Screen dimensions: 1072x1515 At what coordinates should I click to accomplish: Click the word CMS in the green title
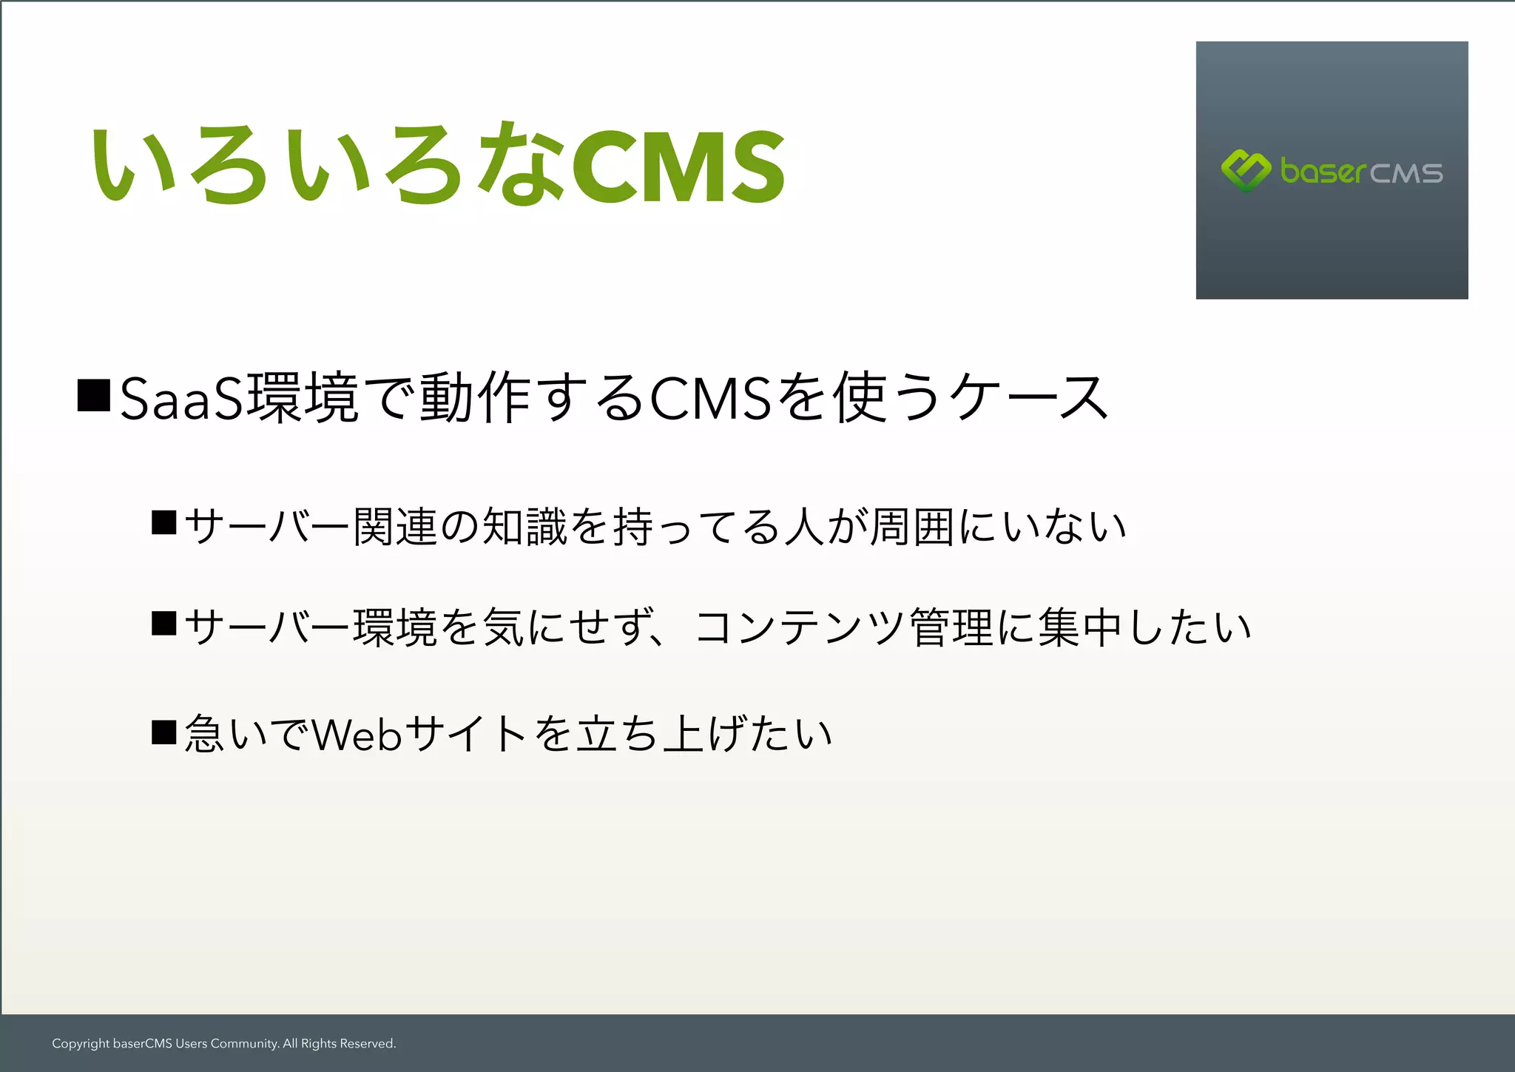tap(678, 168)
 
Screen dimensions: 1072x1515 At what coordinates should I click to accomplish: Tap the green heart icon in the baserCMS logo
tap(1246, 170)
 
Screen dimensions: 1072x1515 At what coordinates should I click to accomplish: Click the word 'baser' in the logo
tap(1323, 172)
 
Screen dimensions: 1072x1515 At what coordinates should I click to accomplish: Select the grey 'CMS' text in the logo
tap(1406, 173)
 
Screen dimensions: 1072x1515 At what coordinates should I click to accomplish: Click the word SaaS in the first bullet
tap(181, 400)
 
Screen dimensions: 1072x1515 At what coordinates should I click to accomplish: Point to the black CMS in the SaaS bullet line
tap(711, 400)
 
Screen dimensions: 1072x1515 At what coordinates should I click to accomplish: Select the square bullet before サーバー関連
tap(163, 522)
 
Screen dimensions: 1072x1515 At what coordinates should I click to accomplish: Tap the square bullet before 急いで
tap(163, 732)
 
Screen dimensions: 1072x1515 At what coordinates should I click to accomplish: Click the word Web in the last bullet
tap(357, 735)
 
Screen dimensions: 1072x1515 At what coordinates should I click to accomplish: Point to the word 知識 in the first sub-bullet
tap(524, 527)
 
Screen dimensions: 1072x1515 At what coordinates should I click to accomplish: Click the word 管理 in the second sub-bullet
tap(951, 627)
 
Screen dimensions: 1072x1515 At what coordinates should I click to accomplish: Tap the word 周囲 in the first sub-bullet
tap(911, 527)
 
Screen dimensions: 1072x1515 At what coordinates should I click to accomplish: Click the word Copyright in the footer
tap(81, 1044)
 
